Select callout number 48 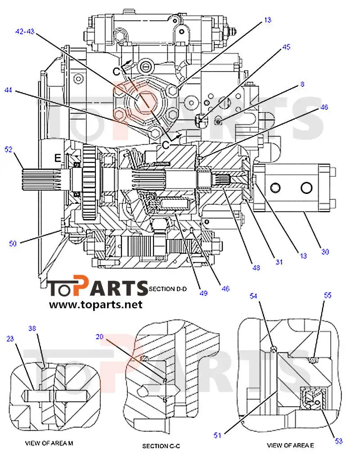click(x=256, y=268)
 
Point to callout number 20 click(x=100, y=336)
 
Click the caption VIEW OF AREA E click(x=290, y=445)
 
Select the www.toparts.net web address click(x=95, y=305)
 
